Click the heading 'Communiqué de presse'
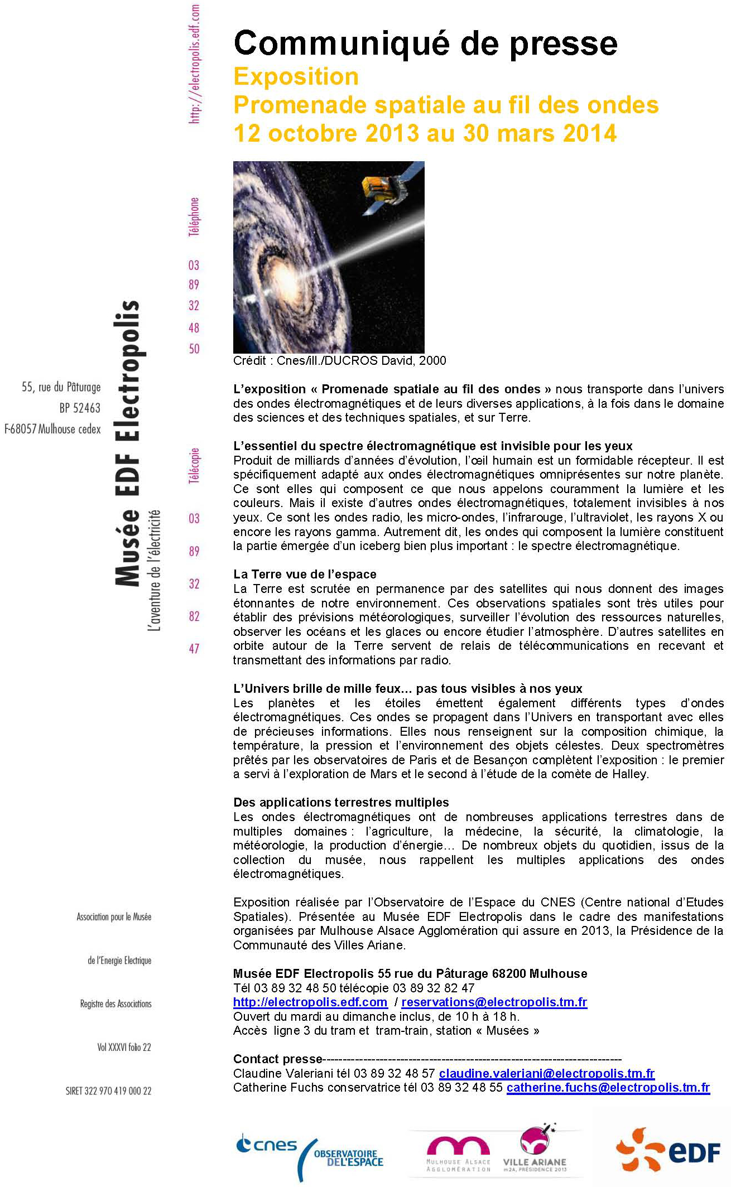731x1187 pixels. pos(425,44)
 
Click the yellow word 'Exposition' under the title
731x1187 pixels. pos(296,77)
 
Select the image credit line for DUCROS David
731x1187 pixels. pos(339,361)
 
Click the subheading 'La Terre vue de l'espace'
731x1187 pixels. pos(305,575)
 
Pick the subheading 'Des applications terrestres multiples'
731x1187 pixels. pos(341,803)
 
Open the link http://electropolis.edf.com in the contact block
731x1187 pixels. pos(310,1002)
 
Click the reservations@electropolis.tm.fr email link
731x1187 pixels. pos(494,1002)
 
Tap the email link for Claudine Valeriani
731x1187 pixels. pos(546,1074)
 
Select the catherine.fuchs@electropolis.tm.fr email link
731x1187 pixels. pos(608,1088)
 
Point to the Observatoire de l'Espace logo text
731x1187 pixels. pos(349,1158)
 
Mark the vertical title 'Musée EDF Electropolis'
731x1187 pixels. pos(127,443)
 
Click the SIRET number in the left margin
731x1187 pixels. pos(108,1091)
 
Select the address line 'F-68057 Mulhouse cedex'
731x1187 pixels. pos(53,429)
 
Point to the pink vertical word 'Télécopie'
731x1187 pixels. pos(194,465)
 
